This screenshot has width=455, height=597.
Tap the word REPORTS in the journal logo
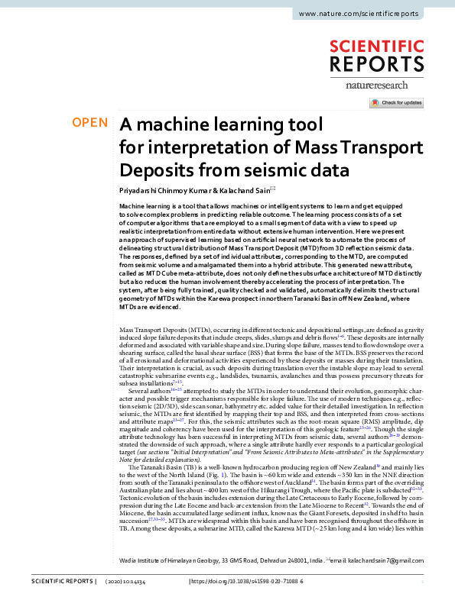coord(376,63)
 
